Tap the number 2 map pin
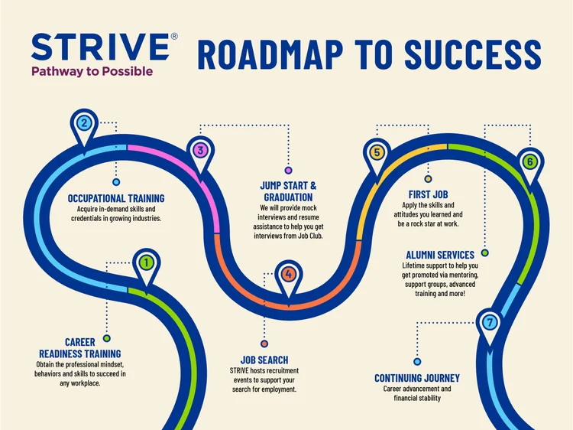(x=84, y=127)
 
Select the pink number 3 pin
(x=200, y=155)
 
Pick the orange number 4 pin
(x=289, y=279)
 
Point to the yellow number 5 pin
(x=377, y=157)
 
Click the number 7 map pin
(x=490, y=327)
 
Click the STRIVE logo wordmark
(x=100, y=47)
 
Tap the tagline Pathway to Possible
(x=92, y=71)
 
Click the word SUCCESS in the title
(x=472, y=54)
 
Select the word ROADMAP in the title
(x=270, y=54)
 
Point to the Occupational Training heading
(x=116, y=198)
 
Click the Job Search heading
(x=264, y=360)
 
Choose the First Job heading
(x=428, y=194)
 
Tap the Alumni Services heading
(x=440, y=255)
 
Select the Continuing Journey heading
(x=417, y=378)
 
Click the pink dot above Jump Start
(x=288, y=170)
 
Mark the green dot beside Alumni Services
(x=485, y=252)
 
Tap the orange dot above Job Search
(x=264, y=344)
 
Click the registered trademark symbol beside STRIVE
(x=174, y=36)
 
